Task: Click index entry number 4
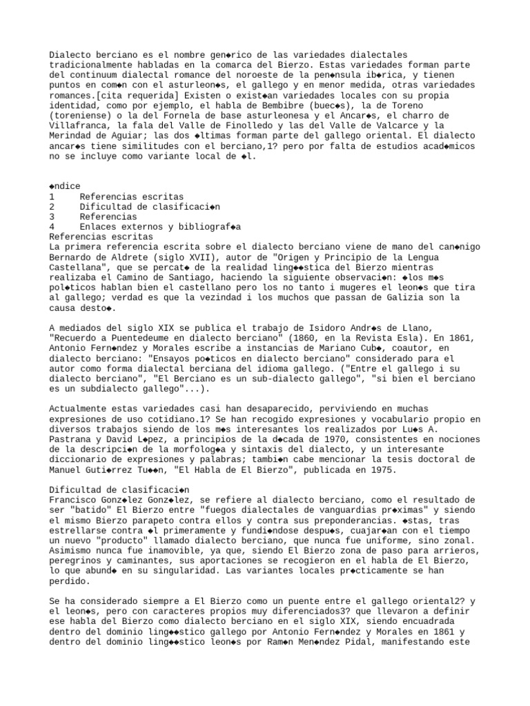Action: pyautogui.click(x=52, y=227)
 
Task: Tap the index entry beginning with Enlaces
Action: pyautogui.click(x=159, y=227)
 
